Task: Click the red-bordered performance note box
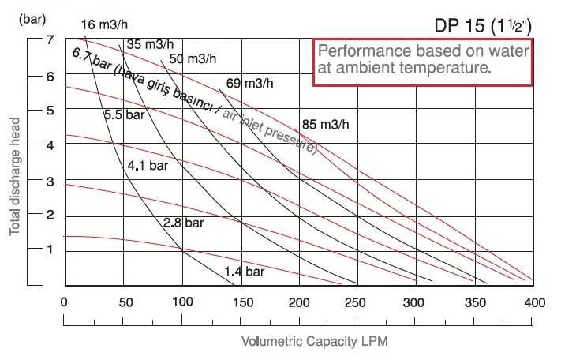tap(423, 61)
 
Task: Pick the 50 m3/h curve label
tap(193, 58)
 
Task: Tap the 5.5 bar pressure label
tap(125, 114)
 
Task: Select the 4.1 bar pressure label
tap(148, 166)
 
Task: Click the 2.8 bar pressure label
tap(183, 223)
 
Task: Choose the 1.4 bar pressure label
tap(244, 272)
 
